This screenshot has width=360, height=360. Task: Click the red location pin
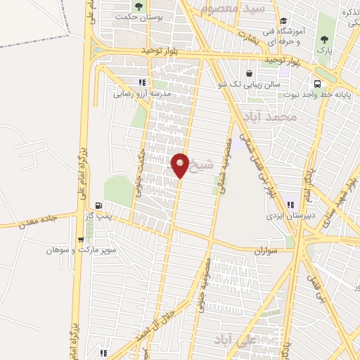(180, 165)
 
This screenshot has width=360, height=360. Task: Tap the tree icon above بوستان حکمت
(138, 6)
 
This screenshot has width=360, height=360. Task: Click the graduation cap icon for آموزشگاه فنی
(283, 22)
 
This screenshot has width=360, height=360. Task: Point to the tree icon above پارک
(324, 39)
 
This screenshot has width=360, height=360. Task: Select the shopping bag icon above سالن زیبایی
(250, 72)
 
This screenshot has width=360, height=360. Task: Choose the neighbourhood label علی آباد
(226, 340)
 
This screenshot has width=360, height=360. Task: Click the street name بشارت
(247, 39)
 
